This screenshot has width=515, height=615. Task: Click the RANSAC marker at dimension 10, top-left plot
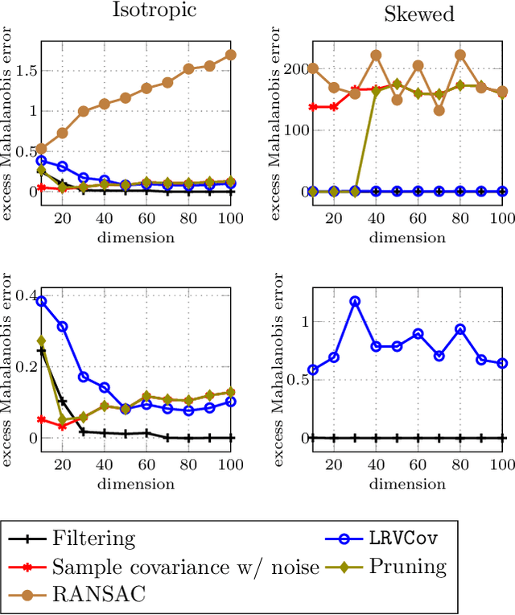[x=42, y=149]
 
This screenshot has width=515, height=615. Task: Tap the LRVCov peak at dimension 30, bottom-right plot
[x=355, y=301]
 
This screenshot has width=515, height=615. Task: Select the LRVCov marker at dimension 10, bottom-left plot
[x=42, y=301]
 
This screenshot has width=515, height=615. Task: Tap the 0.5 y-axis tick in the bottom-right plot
[x=294, y=380]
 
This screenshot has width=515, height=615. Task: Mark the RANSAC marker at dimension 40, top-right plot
[x=376, y=56]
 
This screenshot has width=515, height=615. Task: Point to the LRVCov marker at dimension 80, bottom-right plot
[x=460, y=329]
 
